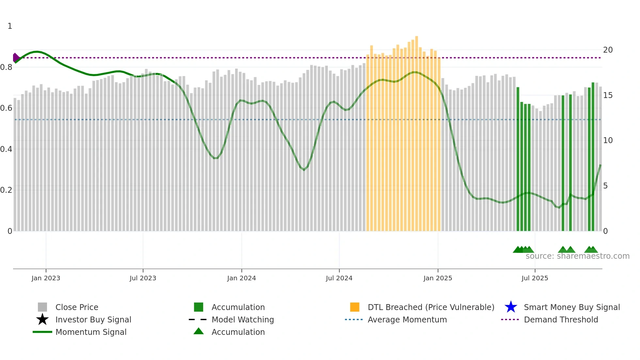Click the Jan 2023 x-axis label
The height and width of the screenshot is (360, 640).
coord(46,278)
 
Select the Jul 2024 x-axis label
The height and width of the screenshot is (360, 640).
coord(339,278)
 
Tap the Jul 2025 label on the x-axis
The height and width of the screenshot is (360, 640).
coord(535,278)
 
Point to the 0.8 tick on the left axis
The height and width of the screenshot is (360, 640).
coord(6,67)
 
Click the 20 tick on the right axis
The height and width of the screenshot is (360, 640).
coord(608,50)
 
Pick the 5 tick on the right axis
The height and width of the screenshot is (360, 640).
coord(605,186)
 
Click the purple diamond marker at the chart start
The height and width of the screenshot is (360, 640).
coord(16,57)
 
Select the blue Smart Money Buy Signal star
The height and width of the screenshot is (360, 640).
coord(511,307)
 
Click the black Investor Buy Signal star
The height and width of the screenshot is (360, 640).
coord(42,319)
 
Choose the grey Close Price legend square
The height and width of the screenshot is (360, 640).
coord(42,307)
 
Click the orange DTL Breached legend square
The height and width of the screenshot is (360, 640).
coord(355,307)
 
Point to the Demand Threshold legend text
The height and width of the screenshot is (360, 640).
coord(561,319)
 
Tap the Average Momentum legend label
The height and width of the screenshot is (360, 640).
coord(407,319)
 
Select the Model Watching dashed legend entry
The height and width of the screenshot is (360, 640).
coord(198,319)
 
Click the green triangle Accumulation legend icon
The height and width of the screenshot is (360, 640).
coord(199,331)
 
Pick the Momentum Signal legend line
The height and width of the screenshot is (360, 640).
coord(42,332)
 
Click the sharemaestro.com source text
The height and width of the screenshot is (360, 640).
coord(577,256)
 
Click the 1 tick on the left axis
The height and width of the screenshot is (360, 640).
coord(10,26)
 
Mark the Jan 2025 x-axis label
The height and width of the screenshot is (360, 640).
coord(438,278)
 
